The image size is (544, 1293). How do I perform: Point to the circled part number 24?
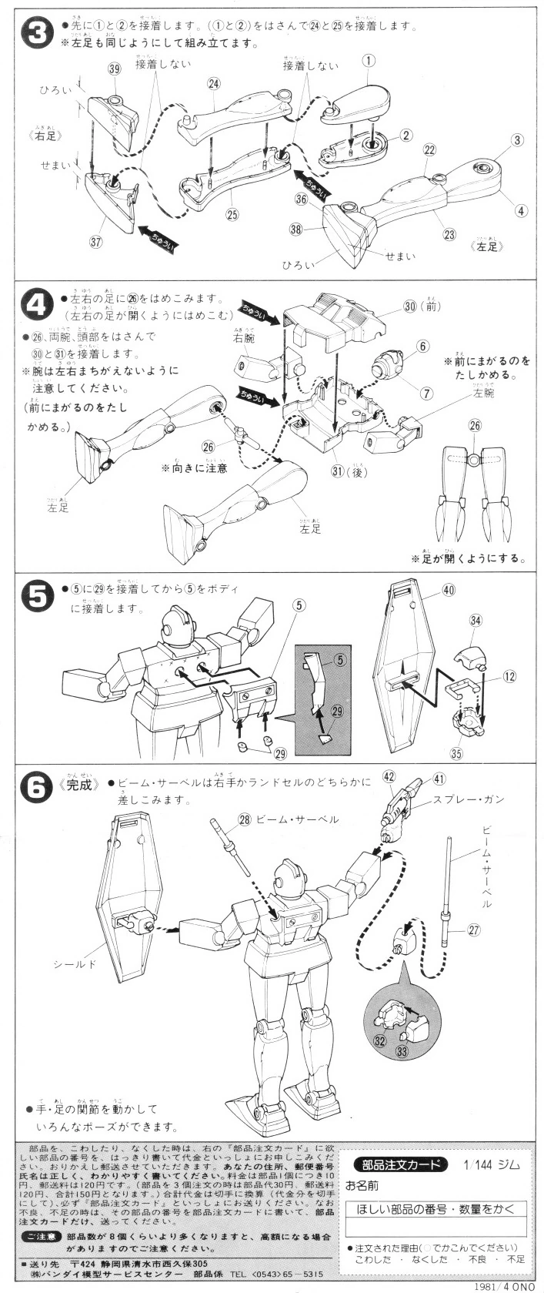[x=214, y=83]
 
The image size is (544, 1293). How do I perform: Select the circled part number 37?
[x=96, y=242]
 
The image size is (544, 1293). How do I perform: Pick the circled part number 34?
[x=476, y=620]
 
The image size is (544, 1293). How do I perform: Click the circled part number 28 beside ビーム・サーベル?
[x=245, y=819]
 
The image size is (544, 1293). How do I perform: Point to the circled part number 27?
[x=473, y=930]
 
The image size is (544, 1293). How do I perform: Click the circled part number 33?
[x=402, y=1048]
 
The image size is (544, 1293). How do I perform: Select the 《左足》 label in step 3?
[x=484, y=246]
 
